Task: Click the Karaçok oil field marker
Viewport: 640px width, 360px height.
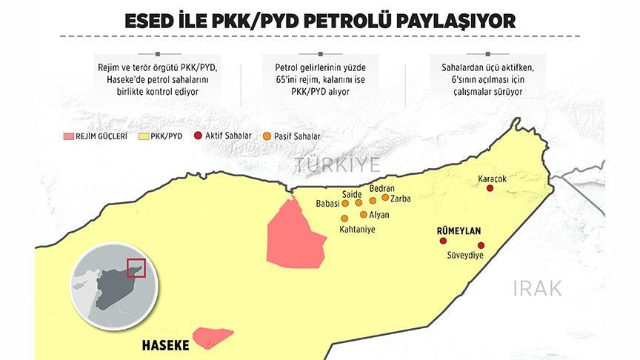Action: point(489,189)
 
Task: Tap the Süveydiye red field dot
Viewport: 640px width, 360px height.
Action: point(481,245)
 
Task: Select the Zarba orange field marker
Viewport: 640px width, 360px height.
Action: point(385,197)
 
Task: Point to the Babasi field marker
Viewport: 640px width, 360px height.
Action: point(344,203)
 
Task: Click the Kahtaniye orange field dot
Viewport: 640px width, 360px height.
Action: point(344,218)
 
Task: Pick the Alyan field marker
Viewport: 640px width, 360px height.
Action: point(363,214)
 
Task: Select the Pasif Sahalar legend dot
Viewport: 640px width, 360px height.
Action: point(267,136)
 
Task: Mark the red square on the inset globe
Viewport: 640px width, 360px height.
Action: point(136,267)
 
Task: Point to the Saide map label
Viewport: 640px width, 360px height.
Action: point(351,193)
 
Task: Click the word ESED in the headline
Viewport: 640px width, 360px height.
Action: point(153,20)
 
